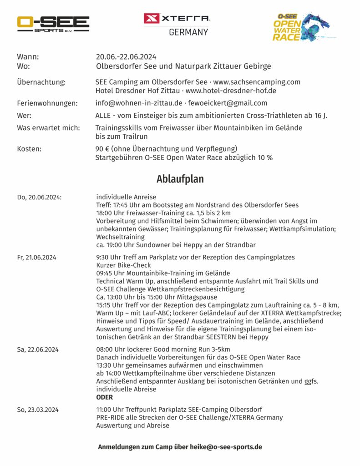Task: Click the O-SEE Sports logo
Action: point(53,24)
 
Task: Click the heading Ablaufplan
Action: point(180,179)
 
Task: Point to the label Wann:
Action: point(28,57)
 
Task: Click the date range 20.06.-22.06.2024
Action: point(126,57)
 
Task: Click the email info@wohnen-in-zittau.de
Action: point(139,103)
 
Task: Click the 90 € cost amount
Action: point(101,149)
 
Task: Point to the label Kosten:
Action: point(29,149)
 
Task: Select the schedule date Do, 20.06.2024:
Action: point(39,197)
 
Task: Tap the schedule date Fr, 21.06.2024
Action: point(36,257)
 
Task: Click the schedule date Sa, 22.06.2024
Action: point(37,349)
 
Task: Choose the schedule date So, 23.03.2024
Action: point(37,409)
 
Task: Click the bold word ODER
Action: point(105,397)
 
